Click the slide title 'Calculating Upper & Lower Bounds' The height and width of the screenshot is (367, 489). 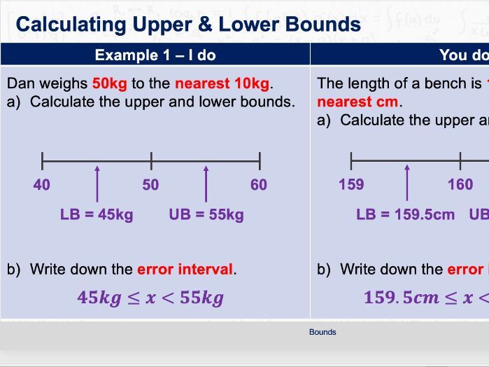(188, 25)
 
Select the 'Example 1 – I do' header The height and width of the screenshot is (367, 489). (155, 55)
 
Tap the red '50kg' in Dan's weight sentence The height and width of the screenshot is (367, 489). (109, 83)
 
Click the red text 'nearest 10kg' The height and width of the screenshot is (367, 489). (222, 83)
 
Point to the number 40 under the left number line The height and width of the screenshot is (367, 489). (41, 185)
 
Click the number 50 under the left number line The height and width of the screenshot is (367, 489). (150, 185)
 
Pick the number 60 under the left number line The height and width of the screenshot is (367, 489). (259, 185)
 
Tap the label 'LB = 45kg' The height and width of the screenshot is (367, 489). (97, 214)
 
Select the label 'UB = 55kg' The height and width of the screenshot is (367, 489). (206, 214)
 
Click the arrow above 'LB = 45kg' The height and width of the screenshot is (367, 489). (97, 183)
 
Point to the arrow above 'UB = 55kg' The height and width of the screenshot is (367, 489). (206, 183)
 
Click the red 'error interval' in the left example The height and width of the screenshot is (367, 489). (185, 269)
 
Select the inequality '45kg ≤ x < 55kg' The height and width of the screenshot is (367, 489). (150, 298)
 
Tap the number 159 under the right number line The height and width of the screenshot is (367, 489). (351, 185)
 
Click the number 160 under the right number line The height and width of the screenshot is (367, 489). (460, 185)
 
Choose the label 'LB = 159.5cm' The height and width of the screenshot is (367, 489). (406, 214)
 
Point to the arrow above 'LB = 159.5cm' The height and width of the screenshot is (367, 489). (407, 183)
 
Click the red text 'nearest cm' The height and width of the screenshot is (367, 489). (357, 102)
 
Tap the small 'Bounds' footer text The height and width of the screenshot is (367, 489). (323, 332)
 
